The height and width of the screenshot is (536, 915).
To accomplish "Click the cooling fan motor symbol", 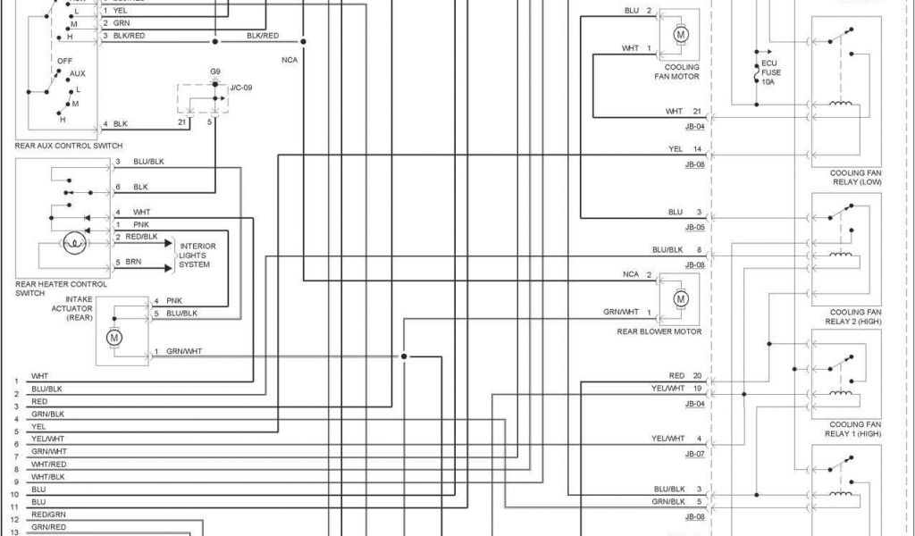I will coord(681,35).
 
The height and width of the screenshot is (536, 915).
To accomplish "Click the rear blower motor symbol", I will coord(681,297).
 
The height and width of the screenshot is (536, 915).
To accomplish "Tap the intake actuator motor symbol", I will coord(114,338).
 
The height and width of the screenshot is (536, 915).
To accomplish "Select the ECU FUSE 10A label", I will coord(768,72).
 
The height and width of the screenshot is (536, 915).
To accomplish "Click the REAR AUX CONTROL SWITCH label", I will coord(69,145).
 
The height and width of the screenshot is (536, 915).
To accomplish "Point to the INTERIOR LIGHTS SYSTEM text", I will coord(197,255).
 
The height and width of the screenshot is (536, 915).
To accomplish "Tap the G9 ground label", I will coord(215,71).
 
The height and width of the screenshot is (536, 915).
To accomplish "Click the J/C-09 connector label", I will coord(242,88).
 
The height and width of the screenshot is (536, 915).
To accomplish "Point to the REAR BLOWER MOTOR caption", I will coord(659,331).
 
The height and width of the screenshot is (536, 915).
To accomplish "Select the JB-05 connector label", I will coord(694,227).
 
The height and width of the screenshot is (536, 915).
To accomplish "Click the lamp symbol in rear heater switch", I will coord(73,241).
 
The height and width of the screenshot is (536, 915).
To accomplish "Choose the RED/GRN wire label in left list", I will coord(48,515).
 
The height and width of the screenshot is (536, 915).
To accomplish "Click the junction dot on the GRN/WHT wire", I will coord(404,356).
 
